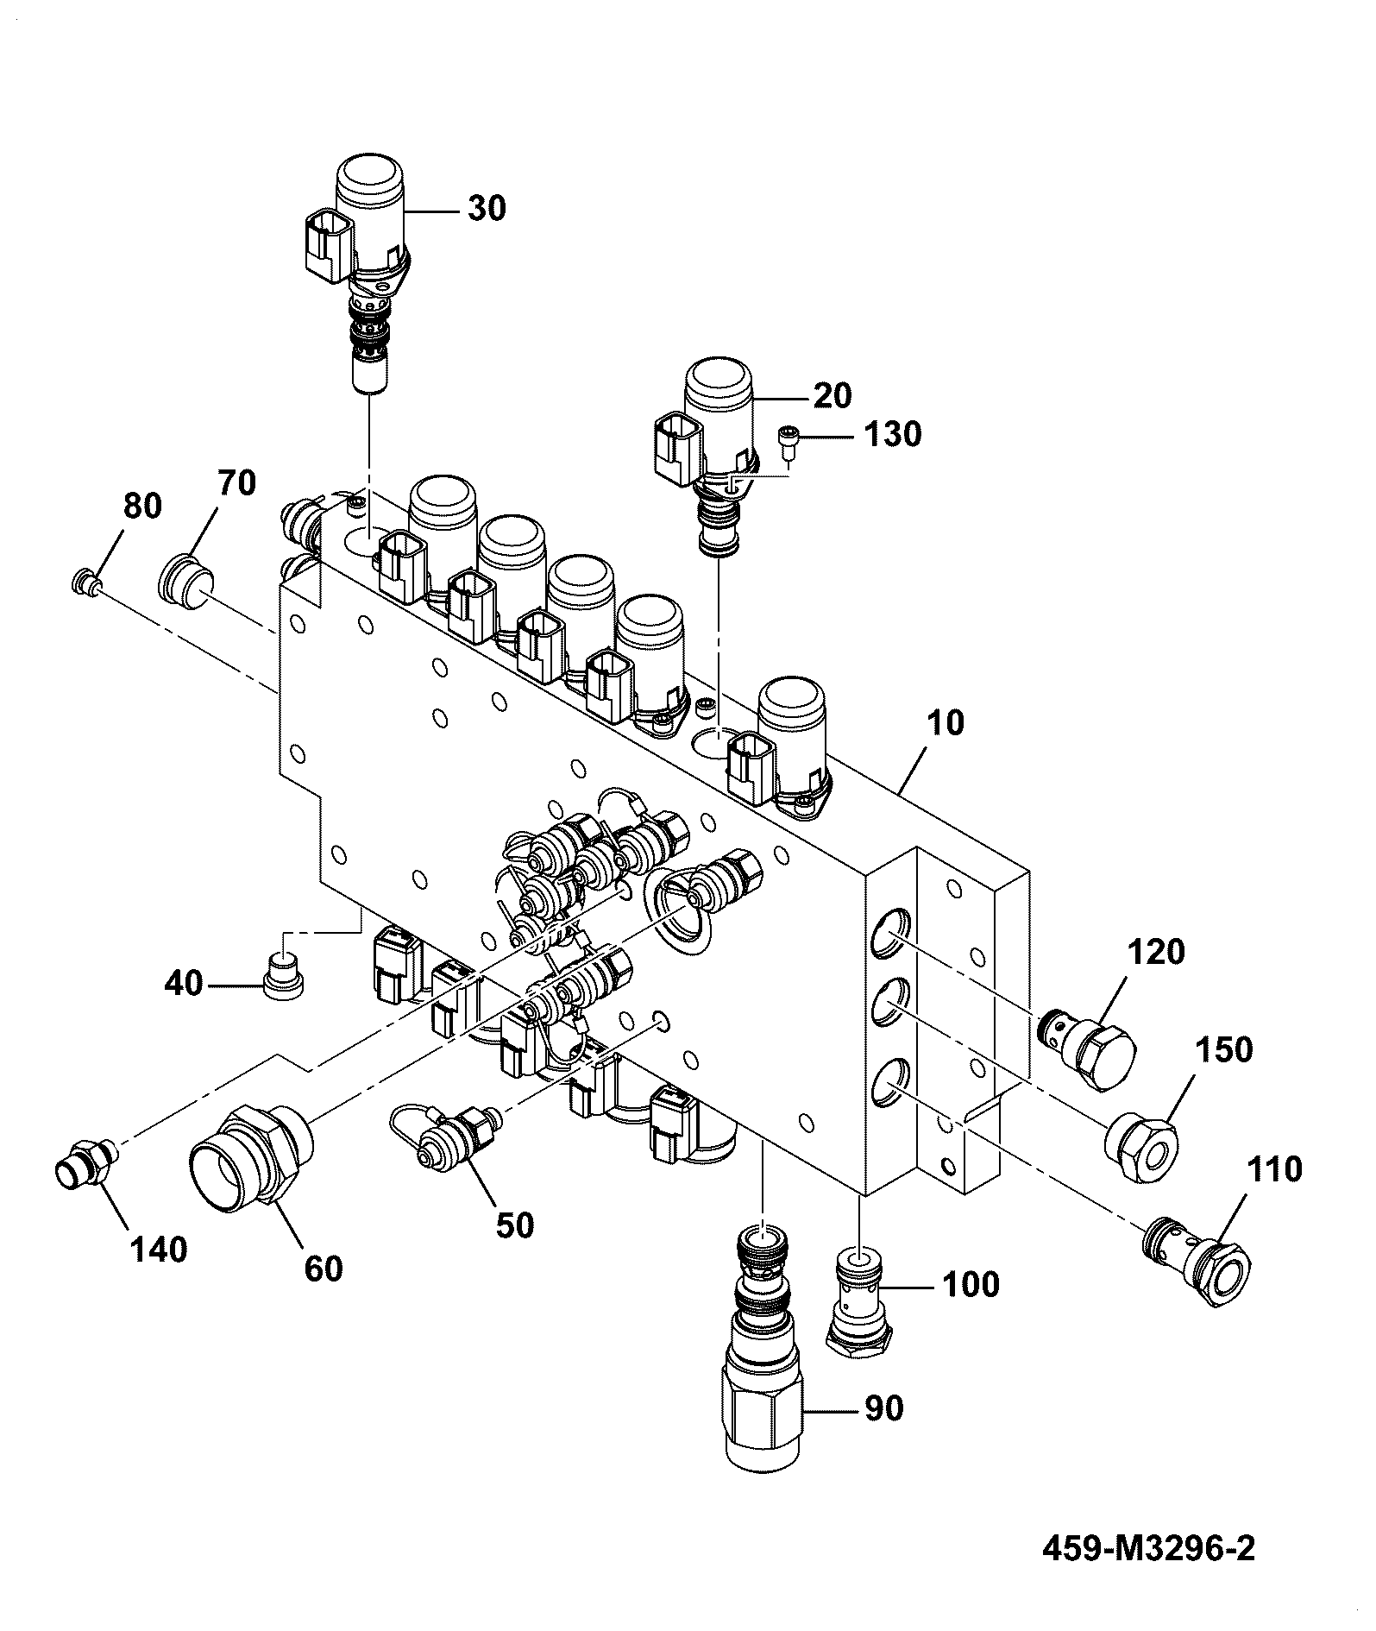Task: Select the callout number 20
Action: (x=832, y=395)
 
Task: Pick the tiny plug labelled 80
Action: (x=84, y=582)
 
